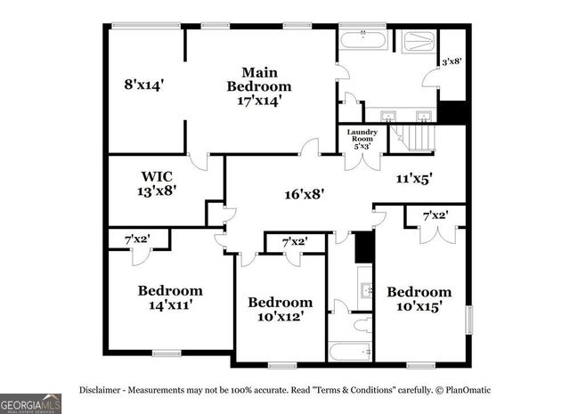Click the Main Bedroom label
pyautogui.click(x=258, y=85)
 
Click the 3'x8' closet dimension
pyautogui.click(x=452, y=63)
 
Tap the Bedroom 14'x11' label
pyautogui.click(x=169, y=297)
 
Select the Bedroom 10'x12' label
pyautogui.click(x=280, y=310)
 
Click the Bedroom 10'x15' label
pyautogui.click(x=419, y=299)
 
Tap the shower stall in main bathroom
pyautogui.click(x=416, y=42)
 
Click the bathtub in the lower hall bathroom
pyautogui.click(x=350, y=350)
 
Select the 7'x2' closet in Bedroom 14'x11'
pyautogui.click(x=137, y=239)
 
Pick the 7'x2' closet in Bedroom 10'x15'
pyautogui.click(x=435, y=215)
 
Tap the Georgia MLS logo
pyautogui.click(x=30, y=403)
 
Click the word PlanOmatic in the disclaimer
pyautogui.click(x=468, y=390)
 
